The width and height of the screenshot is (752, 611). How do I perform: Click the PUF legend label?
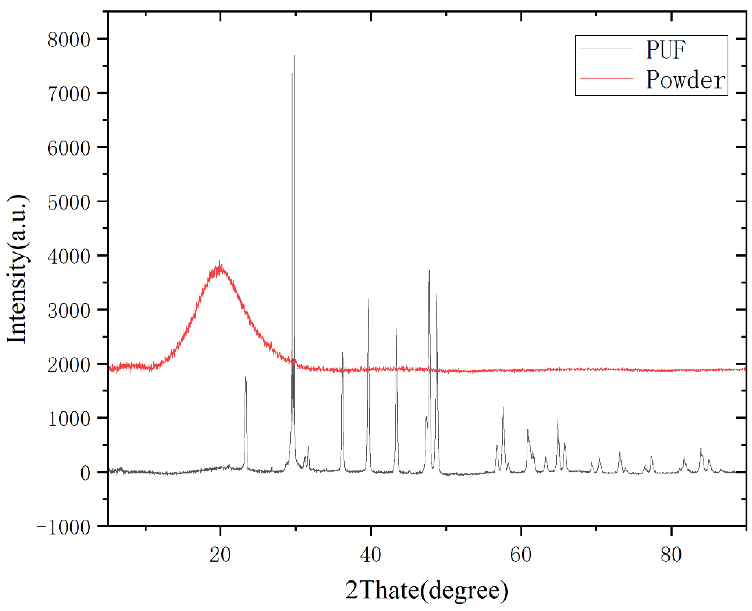(665, 50)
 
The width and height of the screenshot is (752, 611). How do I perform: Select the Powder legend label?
(685, 80)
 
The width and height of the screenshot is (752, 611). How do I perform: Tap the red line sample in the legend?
(606, 78)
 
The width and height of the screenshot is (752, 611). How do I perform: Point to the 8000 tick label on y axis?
(69, 39)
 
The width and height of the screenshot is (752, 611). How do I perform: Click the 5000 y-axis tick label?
(69, 202)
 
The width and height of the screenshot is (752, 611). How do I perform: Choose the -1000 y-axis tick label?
(64, 527)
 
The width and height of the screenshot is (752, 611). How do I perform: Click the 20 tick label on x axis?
(220, 555)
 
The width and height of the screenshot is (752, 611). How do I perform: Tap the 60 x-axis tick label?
(521, 555)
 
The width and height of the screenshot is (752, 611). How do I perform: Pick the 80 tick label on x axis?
(671, 555)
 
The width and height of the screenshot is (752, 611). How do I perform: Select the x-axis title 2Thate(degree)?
(427, 590)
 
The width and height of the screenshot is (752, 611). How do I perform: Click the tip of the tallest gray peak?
(294, 55)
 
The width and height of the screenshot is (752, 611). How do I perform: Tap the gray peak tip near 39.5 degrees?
(368, 299)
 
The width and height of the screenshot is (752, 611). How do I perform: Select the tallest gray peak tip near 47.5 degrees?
(429, 270)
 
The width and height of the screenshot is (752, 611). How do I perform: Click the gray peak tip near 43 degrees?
(396, 329)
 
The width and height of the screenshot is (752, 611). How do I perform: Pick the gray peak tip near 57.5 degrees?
(503, 407)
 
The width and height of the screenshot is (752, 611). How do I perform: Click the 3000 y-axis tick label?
(69, 311)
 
